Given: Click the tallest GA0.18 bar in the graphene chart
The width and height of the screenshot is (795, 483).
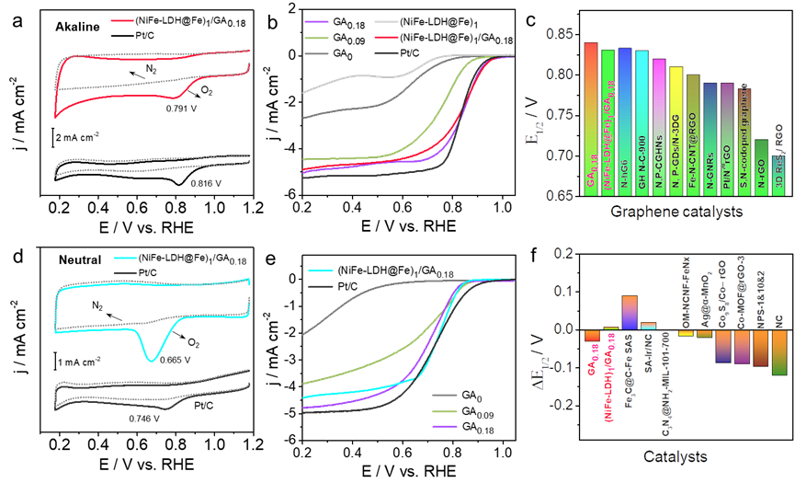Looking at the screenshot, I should coord(591,120).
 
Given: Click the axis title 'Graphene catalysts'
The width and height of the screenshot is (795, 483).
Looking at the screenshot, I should coord(676,213).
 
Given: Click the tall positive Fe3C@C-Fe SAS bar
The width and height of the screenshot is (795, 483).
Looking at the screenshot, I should coord(630,312).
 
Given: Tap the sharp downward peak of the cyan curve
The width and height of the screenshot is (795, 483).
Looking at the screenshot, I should coord(153,356).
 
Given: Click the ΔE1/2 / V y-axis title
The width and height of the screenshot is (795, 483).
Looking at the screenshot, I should coord(543,367).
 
